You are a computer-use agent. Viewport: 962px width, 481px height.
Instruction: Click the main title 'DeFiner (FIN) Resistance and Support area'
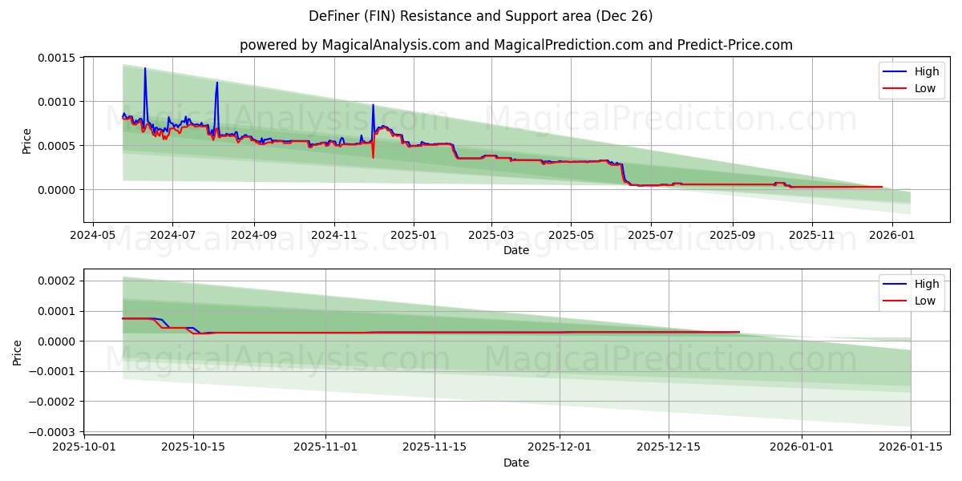480,16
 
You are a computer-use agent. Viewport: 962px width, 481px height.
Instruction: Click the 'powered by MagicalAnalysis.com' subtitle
515,45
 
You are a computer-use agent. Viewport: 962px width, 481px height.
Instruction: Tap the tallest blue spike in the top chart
145,70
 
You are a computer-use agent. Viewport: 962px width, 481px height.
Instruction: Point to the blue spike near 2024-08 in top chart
216,83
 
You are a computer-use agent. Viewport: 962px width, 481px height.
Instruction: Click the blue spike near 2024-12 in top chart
373,106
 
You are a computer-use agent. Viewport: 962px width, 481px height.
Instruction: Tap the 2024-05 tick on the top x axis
93,235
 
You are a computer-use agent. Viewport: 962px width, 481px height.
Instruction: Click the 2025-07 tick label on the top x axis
650,235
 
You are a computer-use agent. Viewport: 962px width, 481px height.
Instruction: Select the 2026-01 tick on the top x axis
891,235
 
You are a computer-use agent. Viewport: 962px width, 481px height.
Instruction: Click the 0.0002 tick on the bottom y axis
55,281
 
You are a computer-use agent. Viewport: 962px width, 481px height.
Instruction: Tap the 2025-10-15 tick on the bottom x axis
193,447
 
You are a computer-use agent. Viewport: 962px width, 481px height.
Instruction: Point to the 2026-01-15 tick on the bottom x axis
911,447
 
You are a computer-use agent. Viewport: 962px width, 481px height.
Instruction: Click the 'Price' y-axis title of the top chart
26,140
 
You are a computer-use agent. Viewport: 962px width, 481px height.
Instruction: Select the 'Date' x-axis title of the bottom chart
515,463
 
